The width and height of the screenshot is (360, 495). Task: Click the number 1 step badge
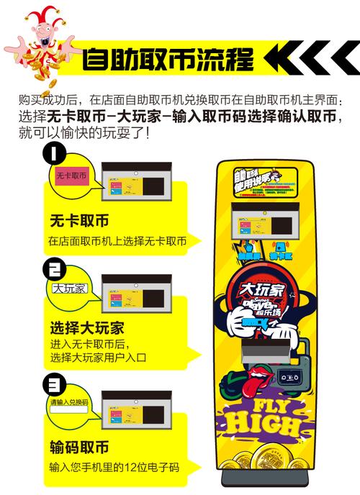pyautogui.click(x=53, y=154)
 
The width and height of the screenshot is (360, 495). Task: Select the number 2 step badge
pyautogui.click(x=53, y=269)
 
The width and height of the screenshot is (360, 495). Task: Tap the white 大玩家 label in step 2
pyautogui.click(x=69, y=289)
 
